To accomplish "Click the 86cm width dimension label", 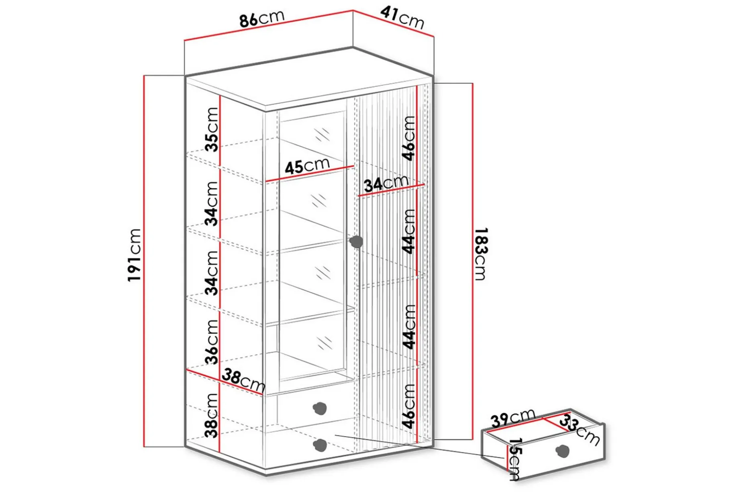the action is click(x=262, y=18).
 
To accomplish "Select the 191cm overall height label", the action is click(x=135, y=255).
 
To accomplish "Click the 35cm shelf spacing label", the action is click(x=212, y=129).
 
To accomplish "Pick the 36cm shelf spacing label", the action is click(x=212, y=342).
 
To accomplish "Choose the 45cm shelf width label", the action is click(x=307, y=165).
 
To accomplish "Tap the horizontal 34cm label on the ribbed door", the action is click(x=386, y=184).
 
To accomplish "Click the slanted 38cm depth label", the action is click(x=243, y=381).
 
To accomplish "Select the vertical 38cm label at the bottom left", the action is click(x=212, y=415).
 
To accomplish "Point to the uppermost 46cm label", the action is click(x=409, y=138).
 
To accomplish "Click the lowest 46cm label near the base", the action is click(x=409, y=406).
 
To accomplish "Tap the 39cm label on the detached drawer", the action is click(x=513, y=418).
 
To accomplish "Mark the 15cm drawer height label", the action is click(x=514, y=459).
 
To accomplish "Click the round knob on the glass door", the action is click(x=356, y=242).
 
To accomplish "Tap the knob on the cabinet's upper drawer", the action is click(x=320, y=408).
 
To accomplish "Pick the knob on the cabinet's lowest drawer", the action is click(x=320, y=445).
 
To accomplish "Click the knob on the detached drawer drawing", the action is click(x=563, y=451).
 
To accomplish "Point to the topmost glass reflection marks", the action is click(x=322, y=135).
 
